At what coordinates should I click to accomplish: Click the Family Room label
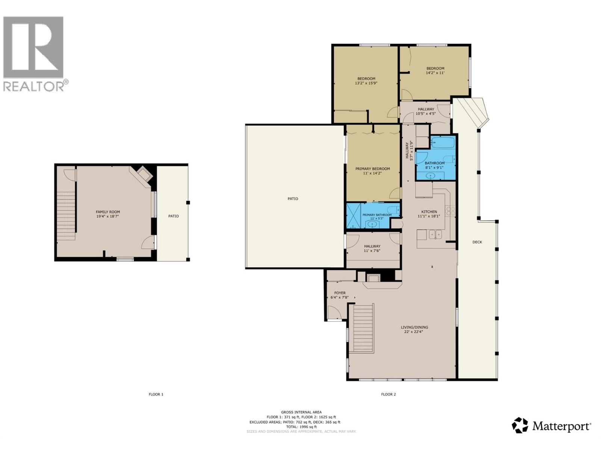[108, 212]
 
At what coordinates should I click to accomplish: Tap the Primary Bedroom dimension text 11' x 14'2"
[373, 174]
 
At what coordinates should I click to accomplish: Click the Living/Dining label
[414, 327]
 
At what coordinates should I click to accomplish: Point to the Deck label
[477, 242]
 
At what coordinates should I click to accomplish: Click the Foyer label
[340, 293]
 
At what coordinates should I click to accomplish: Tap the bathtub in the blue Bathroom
[443, 142]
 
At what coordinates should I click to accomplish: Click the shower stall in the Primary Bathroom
[353, 216]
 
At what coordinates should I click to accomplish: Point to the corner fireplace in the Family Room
[143, 174]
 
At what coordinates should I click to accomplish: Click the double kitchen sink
[435, 235]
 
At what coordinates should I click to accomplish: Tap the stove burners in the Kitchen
[450, 211]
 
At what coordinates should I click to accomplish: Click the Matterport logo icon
[520, 425]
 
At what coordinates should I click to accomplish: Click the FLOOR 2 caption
[388, 394]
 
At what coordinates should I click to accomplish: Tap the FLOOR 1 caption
[156, 394]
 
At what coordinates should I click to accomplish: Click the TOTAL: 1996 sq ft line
[301, 427]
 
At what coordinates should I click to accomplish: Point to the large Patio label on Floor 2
[293, 198]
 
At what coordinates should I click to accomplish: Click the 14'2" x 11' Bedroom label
[435, 71]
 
